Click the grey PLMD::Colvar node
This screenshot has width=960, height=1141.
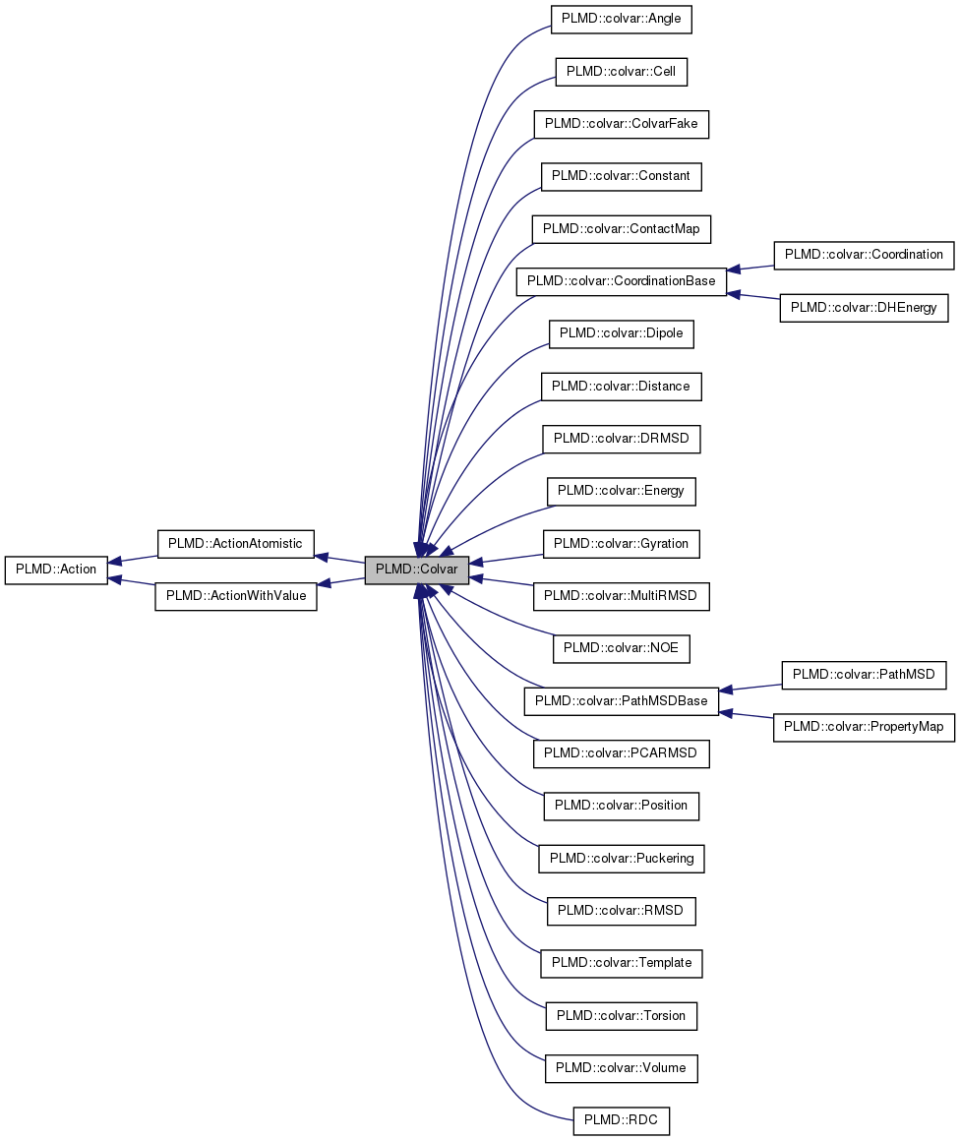click(416, 570)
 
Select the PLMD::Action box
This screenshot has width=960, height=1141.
click(56, 570)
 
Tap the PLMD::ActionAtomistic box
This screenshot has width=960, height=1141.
click(235, 543)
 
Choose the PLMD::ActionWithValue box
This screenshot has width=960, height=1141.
click(235, 596)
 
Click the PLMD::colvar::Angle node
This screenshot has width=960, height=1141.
click(621, 19)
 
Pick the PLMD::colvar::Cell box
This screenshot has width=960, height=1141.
click(621, 72)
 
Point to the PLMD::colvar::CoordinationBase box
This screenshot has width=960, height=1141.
click(621, 281)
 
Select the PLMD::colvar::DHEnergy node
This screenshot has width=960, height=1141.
click(865, 308)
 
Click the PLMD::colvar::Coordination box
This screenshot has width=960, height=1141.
click(865, 255)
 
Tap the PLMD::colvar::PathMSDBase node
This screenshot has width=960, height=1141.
click(621, 701)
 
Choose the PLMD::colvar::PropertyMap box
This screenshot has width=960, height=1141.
click(865, 728)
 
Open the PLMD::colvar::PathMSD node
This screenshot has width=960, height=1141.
click(865, 675)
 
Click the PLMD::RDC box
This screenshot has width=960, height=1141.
click(621, 1120)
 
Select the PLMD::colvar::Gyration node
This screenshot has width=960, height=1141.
click(621, 543)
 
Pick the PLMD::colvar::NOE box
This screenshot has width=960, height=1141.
click(621, 648)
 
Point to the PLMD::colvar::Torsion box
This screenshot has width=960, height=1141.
click(621, 1015)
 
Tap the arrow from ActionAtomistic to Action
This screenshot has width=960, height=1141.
click(133, 559)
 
